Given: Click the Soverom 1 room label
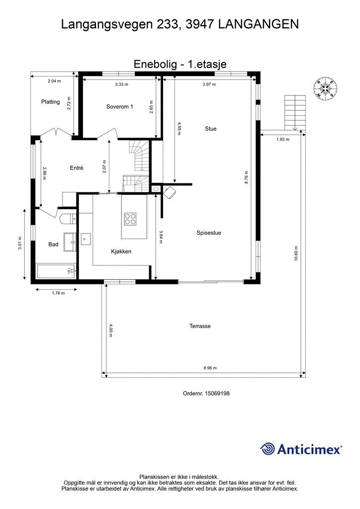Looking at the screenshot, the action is click(119, 106).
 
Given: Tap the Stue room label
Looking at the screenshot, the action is click(211, 129).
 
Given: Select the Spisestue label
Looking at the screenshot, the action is click(209, 233).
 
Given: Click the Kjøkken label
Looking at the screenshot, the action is click(121, 251).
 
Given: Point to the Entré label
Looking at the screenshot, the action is click(77, 168).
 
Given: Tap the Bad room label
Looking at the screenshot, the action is click(53, 244).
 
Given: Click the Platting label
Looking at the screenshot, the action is click(50, 101).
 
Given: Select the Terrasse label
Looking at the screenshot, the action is click(200, 326).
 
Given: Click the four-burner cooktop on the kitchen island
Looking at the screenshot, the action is click(130, 219).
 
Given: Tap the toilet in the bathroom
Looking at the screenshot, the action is click(68, 219).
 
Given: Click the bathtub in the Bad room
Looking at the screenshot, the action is click(56, 271).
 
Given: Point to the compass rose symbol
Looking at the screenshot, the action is click(325, 88).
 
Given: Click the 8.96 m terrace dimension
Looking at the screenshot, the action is click(210, 368).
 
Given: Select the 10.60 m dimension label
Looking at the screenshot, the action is click(296, 254).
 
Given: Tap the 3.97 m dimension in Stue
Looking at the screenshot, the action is click(209, 84).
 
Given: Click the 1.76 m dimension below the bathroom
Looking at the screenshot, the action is click(59, 293).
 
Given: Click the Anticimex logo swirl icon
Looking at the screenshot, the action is click(268, 449).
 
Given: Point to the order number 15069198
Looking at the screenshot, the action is click(217, 393).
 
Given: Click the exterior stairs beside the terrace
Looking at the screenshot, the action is click(295, 113).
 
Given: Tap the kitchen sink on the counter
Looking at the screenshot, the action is click(86, 239).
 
